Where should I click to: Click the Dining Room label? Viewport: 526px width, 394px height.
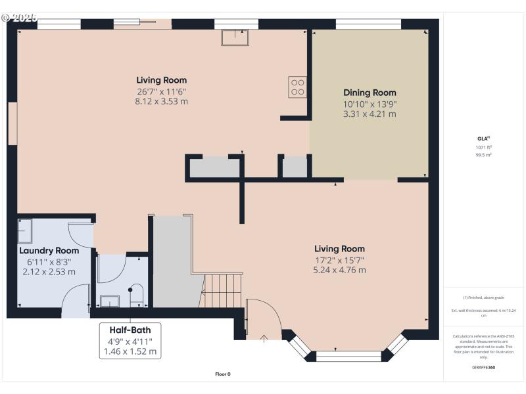pyautogui.click(x=370, y=93)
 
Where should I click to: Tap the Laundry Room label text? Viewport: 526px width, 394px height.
pyautogui.click(x=49, y=251)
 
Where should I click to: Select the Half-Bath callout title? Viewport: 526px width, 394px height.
pyautogui.click(x=130, y=329)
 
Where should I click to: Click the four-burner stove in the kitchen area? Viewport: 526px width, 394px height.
pyautogui.click(x=297, y=87)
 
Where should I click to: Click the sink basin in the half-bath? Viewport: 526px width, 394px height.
pyautogui.click(x=110, y=301)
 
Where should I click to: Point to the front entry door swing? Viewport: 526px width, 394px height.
pyautogui.click(x=263, y=318)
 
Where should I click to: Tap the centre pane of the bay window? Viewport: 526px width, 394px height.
pyautogui.click(x=348, y=357)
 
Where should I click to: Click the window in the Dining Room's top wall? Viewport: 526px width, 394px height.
pyautogui.click(x=368, y=24)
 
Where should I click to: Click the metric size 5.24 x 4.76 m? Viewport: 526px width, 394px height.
pyautogui.click(x=339, y=270)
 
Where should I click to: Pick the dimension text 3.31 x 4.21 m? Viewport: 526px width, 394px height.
pyautogui.click(x=370, y=114)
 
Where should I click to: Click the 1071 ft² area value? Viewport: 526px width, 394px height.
pyautogui.click(x=483, y=148)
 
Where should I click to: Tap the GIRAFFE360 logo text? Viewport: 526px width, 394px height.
pyautogui.click(x=483, y=367)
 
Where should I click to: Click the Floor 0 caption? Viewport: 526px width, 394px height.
pyautogui.click(x=223, y=374)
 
